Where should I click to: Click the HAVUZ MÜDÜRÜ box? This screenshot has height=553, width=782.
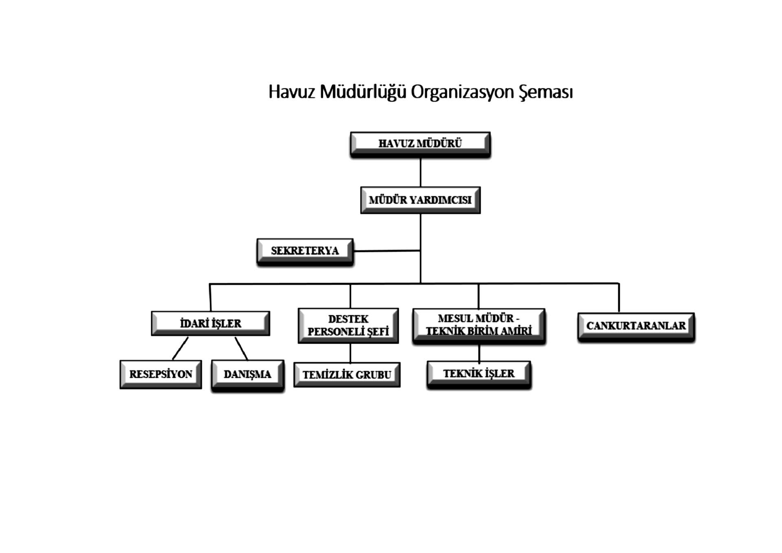[420, 144]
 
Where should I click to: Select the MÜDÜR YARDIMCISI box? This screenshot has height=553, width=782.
[420, 200]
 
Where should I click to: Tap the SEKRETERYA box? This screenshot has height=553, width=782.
[305, 252]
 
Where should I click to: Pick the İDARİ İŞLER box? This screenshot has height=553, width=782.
[211, 323]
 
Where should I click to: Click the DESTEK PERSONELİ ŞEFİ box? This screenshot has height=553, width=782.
[348, 325]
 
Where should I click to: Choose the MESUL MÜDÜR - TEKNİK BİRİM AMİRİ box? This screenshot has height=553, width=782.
[479, 326]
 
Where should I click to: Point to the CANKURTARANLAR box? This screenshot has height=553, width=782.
[636, 326]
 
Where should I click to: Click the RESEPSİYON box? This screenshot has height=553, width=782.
[161, 374]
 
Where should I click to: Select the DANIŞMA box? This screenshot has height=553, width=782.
[248, 375]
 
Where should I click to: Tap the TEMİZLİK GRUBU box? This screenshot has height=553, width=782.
[347, 375]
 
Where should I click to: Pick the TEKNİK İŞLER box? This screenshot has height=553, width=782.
[479, 374]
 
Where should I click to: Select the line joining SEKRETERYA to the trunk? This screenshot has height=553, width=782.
[387, 251]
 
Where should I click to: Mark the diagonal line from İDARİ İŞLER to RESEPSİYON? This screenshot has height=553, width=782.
[180, 348]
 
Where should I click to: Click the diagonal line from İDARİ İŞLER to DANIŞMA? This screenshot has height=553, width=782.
[241, 349]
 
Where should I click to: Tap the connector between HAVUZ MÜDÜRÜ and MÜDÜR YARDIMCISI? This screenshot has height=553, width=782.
[420, 172]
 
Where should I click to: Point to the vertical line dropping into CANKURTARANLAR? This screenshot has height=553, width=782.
[619, 298]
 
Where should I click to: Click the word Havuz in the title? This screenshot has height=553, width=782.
[292, 92]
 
